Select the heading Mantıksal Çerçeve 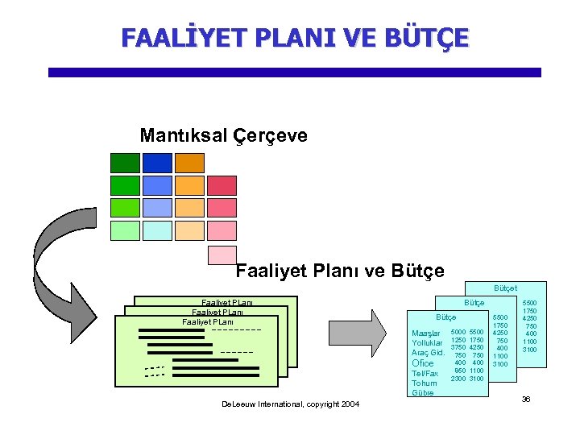pos(223,135)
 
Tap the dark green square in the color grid pos(125,163)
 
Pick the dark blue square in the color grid pos(157,163)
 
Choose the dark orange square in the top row pos(190,163)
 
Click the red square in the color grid pos(222,185)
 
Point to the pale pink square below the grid pos(222,255)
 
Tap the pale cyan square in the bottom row pos(157,231)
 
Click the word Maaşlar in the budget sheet pos(425,333)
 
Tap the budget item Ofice pos(423,363)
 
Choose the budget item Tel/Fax pos(425,374)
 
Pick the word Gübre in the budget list pos(423,393)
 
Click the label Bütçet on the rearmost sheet pos(505,288)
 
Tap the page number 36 pos(525,400)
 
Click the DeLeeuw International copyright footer pos(291,404)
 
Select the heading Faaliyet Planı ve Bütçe pos(340,271)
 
